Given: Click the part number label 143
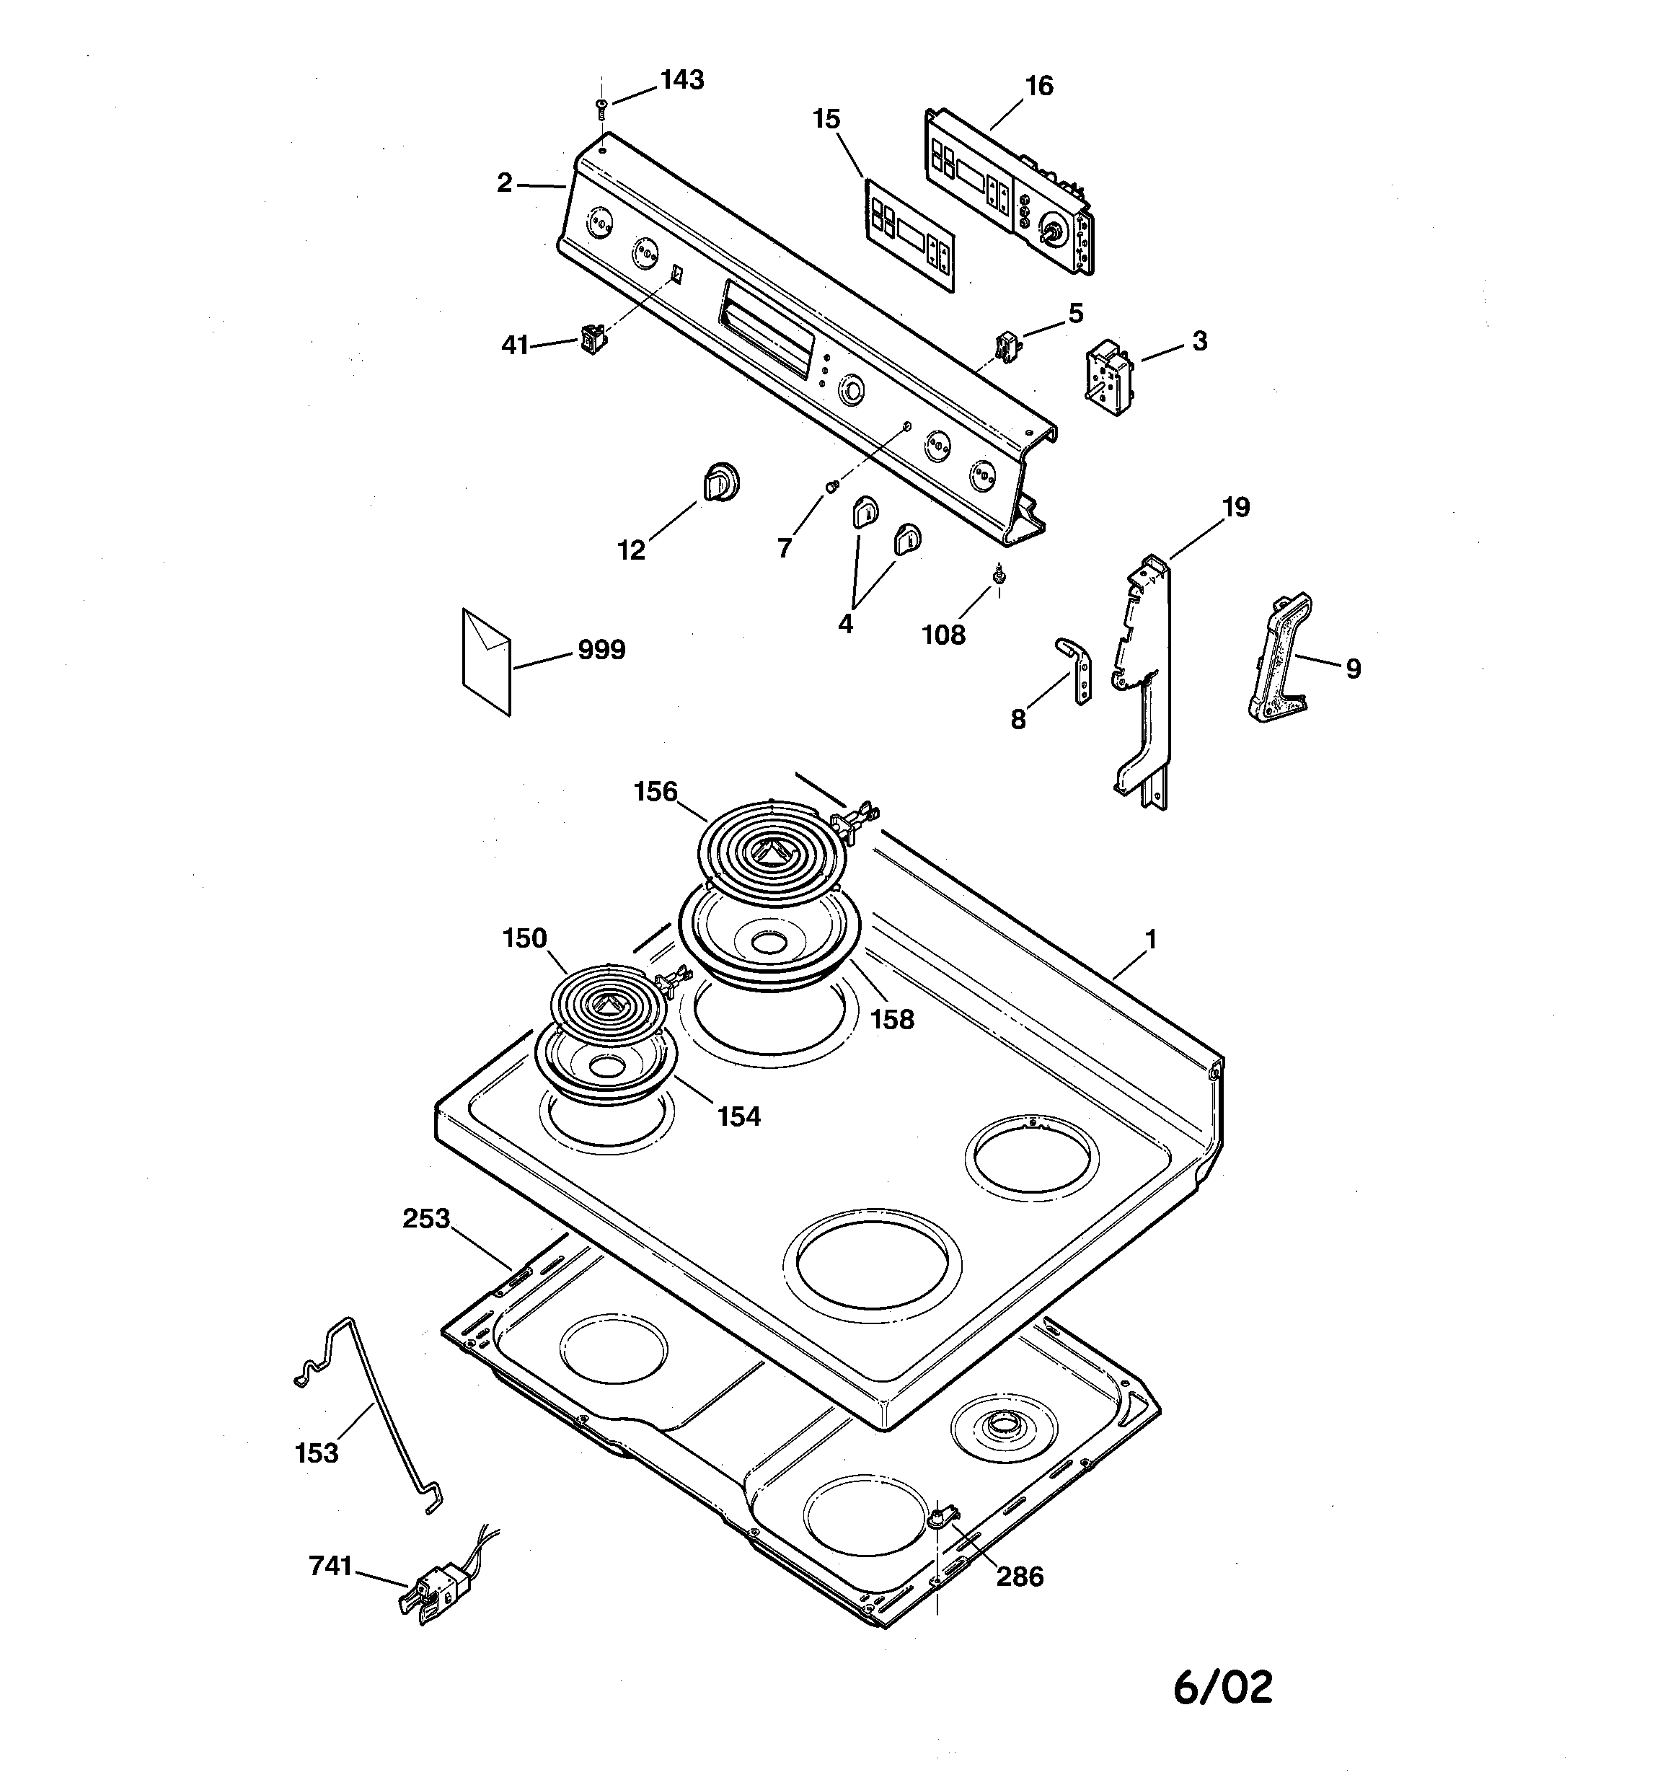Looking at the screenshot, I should (x=682, y=80).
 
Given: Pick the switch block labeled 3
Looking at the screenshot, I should (x=1111, y=377).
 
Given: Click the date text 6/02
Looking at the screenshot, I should (x=1222, y=1687).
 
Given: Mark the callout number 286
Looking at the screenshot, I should (x=1020, y=1576).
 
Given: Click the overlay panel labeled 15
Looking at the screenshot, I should (x=909, y=235).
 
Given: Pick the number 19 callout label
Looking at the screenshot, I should (x=1236, y=507).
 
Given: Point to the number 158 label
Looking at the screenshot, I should (x=893, y=1019).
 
